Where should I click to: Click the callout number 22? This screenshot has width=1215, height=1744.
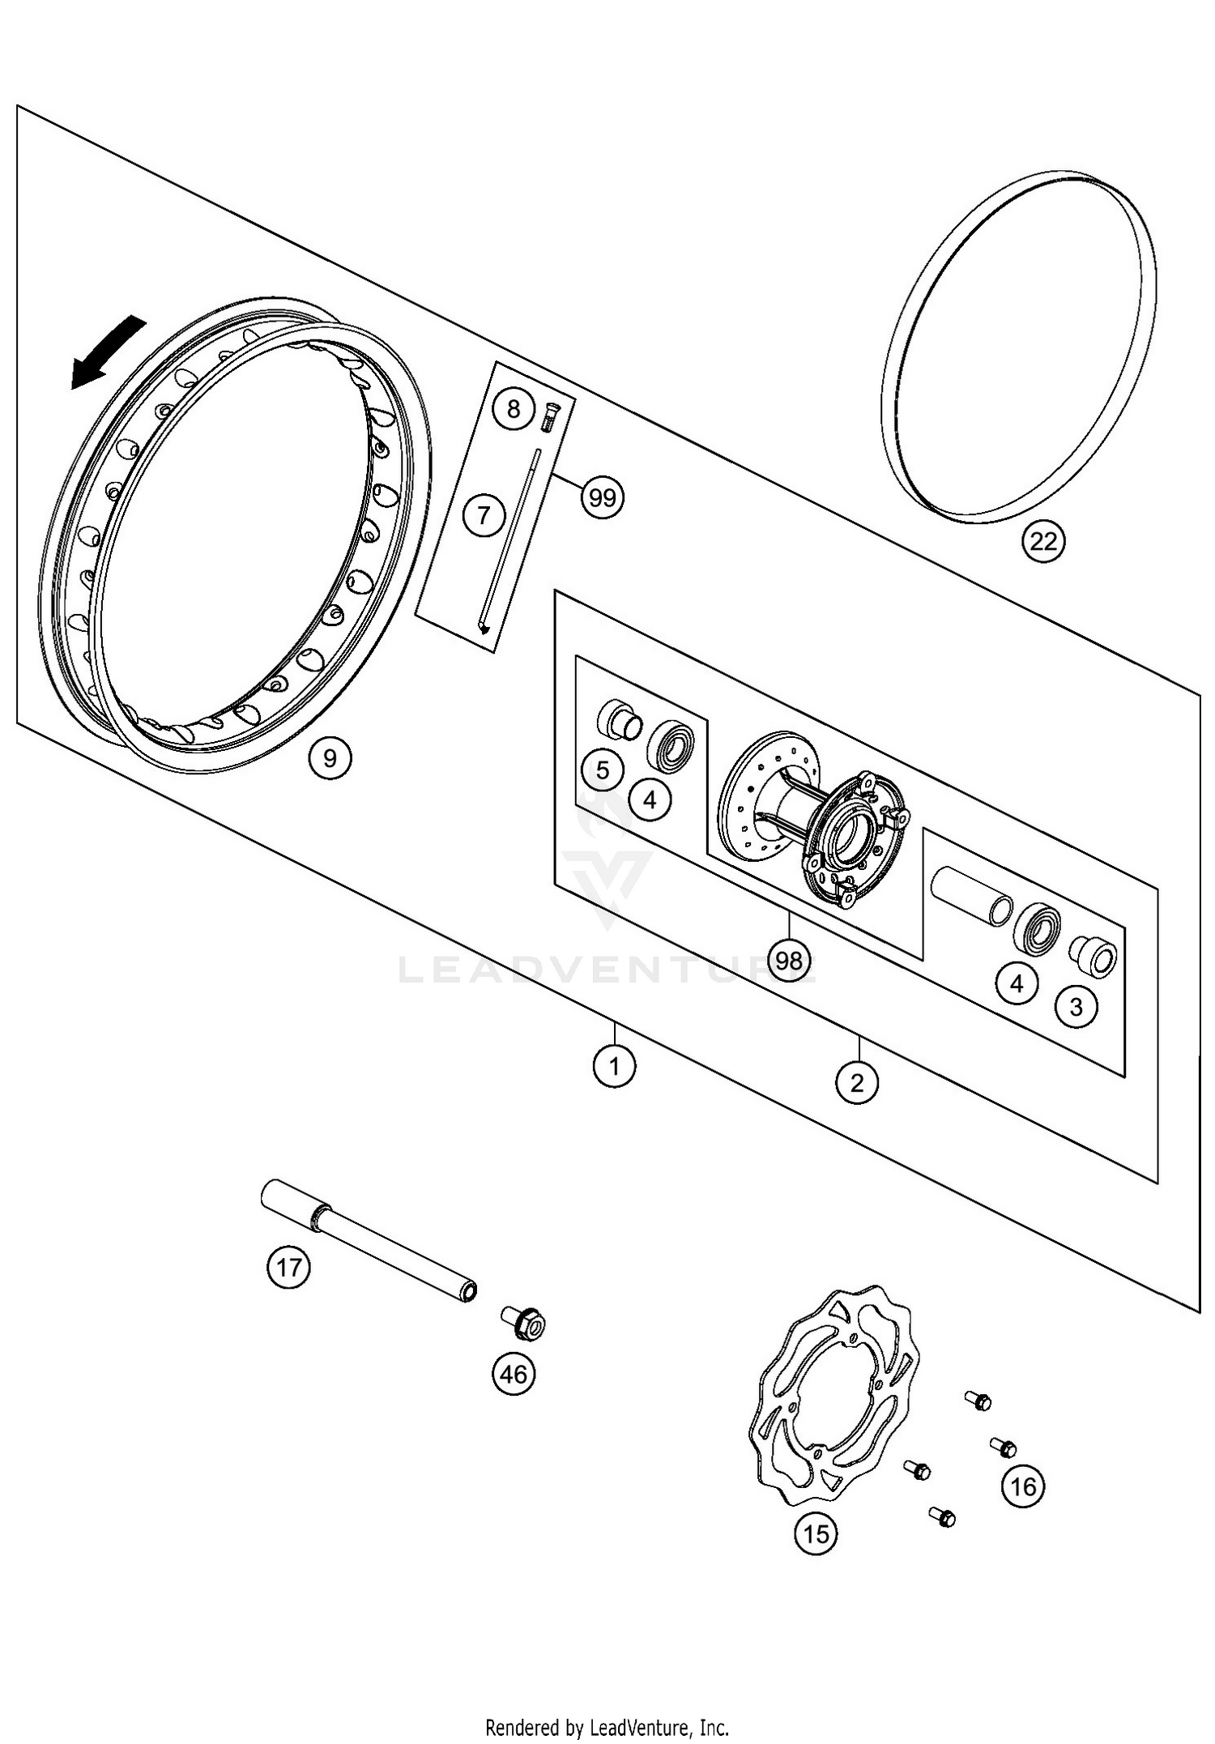coord(1043,542)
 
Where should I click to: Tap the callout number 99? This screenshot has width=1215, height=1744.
coord(603,497)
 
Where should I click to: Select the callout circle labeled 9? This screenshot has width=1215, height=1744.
coord(330,758)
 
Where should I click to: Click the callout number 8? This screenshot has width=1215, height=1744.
coord(514,408)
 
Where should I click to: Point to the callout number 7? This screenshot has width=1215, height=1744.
coord(484,514)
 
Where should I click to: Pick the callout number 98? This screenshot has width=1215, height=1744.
coord(788,960)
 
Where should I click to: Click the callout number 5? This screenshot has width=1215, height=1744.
coord(603,770)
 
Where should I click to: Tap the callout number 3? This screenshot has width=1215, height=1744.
coord(1076,1007)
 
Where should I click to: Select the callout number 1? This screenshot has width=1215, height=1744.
coord(614,1066)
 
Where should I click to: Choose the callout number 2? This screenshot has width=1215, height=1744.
coord(857,1081)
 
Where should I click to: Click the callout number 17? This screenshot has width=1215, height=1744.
coord(288,1267)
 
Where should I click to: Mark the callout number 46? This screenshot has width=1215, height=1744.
coord(514,1374)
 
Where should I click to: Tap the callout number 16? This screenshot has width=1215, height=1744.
coord(1023,1486)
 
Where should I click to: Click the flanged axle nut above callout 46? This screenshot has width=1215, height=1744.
coord(525,1323)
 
